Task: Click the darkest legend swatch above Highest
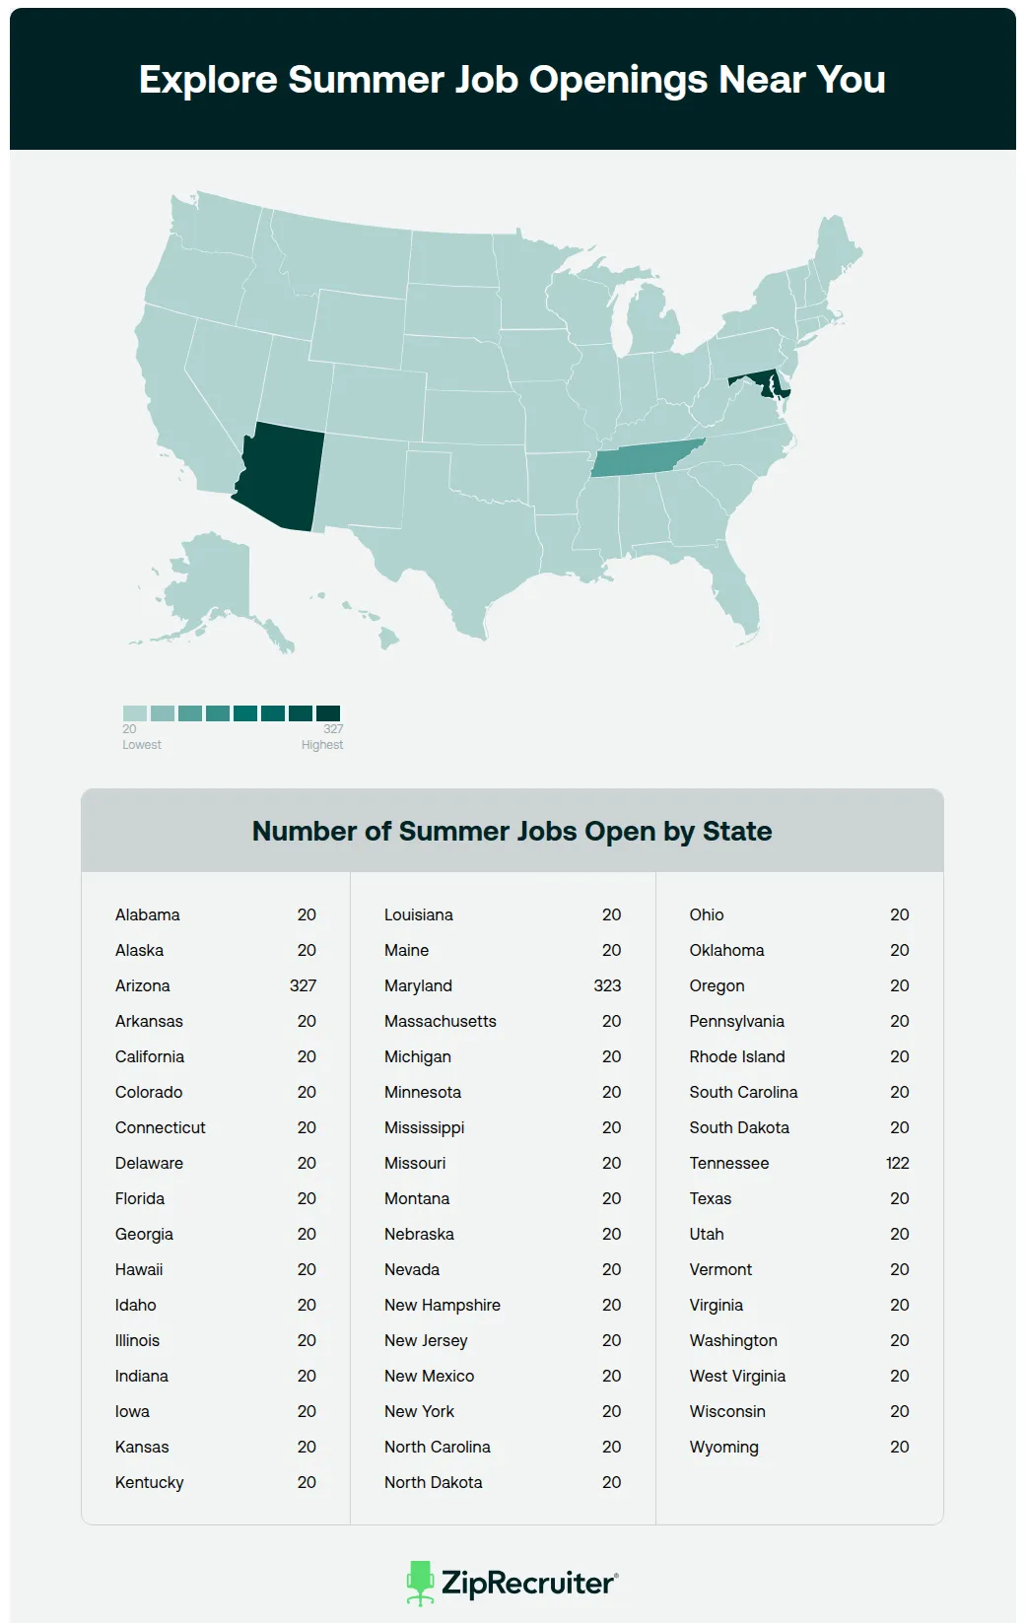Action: [x=328, y=712]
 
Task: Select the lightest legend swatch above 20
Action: [x=135, y=712]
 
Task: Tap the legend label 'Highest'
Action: [x=322, y=745]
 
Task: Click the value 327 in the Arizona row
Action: [x=303, y=985]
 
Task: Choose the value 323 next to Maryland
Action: [x=607, y=985]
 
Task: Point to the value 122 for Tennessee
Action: [x=897, y=1163]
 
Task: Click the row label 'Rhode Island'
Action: [x=737, y=1056]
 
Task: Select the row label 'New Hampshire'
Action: [x=443, y=1305]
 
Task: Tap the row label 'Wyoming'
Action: [x=724, y=1447]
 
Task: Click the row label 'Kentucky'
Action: [x=150, y=1482]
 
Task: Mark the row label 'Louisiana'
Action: [x=419, y=914]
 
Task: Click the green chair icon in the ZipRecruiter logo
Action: [x=421, y=1582]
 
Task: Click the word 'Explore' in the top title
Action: [x=208, y=80]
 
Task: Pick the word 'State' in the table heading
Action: [x=737, y=831]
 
